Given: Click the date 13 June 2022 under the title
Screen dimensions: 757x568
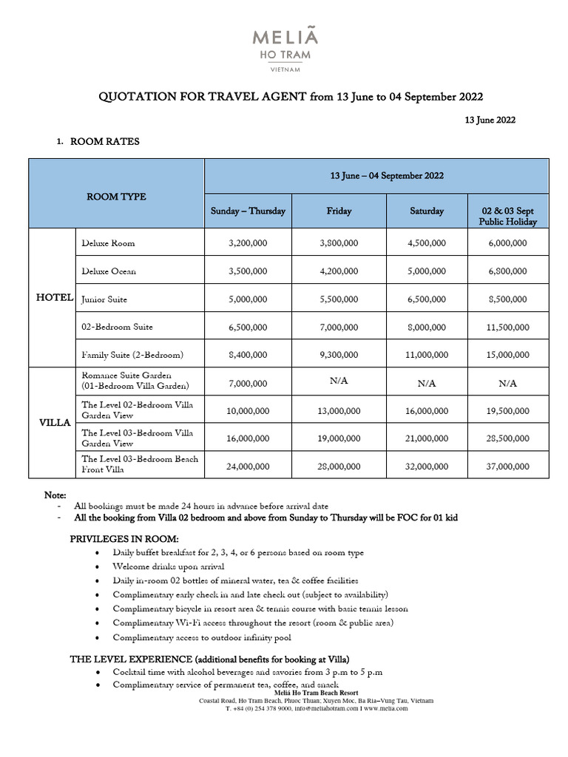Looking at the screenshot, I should coord(490,120).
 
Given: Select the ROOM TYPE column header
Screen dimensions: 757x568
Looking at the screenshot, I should coord(116,197).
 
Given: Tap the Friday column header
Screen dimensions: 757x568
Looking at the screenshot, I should coord(339,211).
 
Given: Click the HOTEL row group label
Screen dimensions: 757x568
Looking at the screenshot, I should coord(55,298).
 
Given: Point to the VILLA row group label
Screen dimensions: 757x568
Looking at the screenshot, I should coord(54,423).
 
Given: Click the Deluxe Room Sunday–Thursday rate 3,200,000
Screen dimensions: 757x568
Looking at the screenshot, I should coord(247,243).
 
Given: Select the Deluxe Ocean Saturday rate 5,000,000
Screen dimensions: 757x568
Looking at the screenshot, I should coord(427,271).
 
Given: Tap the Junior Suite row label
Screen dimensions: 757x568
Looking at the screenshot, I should coord(104,299).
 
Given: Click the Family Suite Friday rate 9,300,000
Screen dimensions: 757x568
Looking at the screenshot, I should coord(339,355).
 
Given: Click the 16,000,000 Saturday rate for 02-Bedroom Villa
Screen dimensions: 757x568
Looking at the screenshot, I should coord(427,410).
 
